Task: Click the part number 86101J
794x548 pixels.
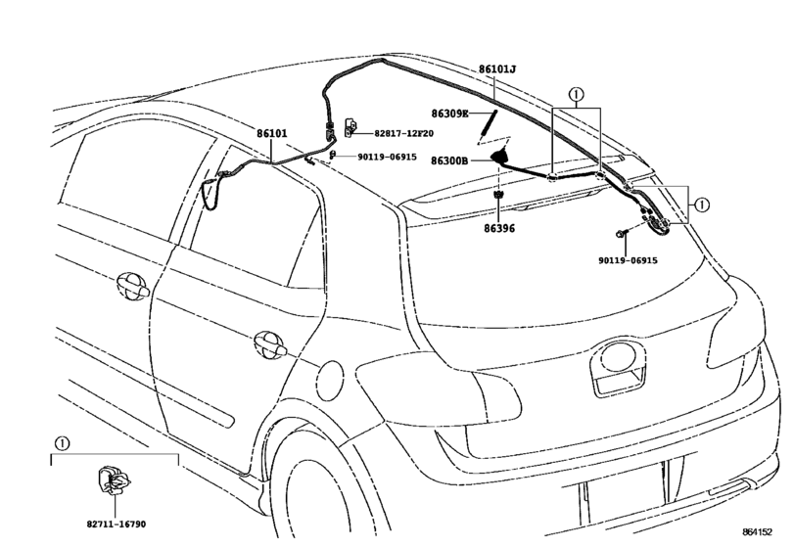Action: (x=497, y=69)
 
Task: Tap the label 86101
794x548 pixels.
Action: (x=271, y=134)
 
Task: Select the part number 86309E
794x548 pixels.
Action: (x=449, y=114)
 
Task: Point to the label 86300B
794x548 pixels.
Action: (x=449, y=160)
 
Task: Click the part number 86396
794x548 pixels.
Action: (x=498, y=229)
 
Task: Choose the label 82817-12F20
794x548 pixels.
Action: (x=403, y=134)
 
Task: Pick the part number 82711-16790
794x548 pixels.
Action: (x=116, y=525)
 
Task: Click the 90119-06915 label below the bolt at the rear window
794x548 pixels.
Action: (x=628, y=260)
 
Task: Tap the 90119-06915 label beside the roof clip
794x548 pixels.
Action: (x=387, y=157)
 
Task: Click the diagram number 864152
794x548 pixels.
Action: (x=758, y=531)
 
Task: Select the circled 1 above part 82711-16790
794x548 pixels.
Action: (x=62, y=443)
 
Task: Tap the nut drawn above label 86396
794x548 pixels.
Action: (x=498, y=195)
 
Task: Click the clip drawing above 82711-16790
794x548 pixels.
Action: (x=114, y=480)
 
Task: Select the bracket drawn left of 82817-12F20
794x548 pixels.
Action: (x=350, y=127)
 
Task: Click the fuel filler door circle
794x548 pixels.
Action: (x=330, y=380)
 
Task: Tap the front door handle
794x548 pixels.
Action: (x=133, y=286)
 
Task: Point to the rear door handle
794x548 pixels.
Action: (x=270, y=345)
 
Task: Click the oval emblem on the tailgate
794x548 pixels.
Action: (x=618, y=357)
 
